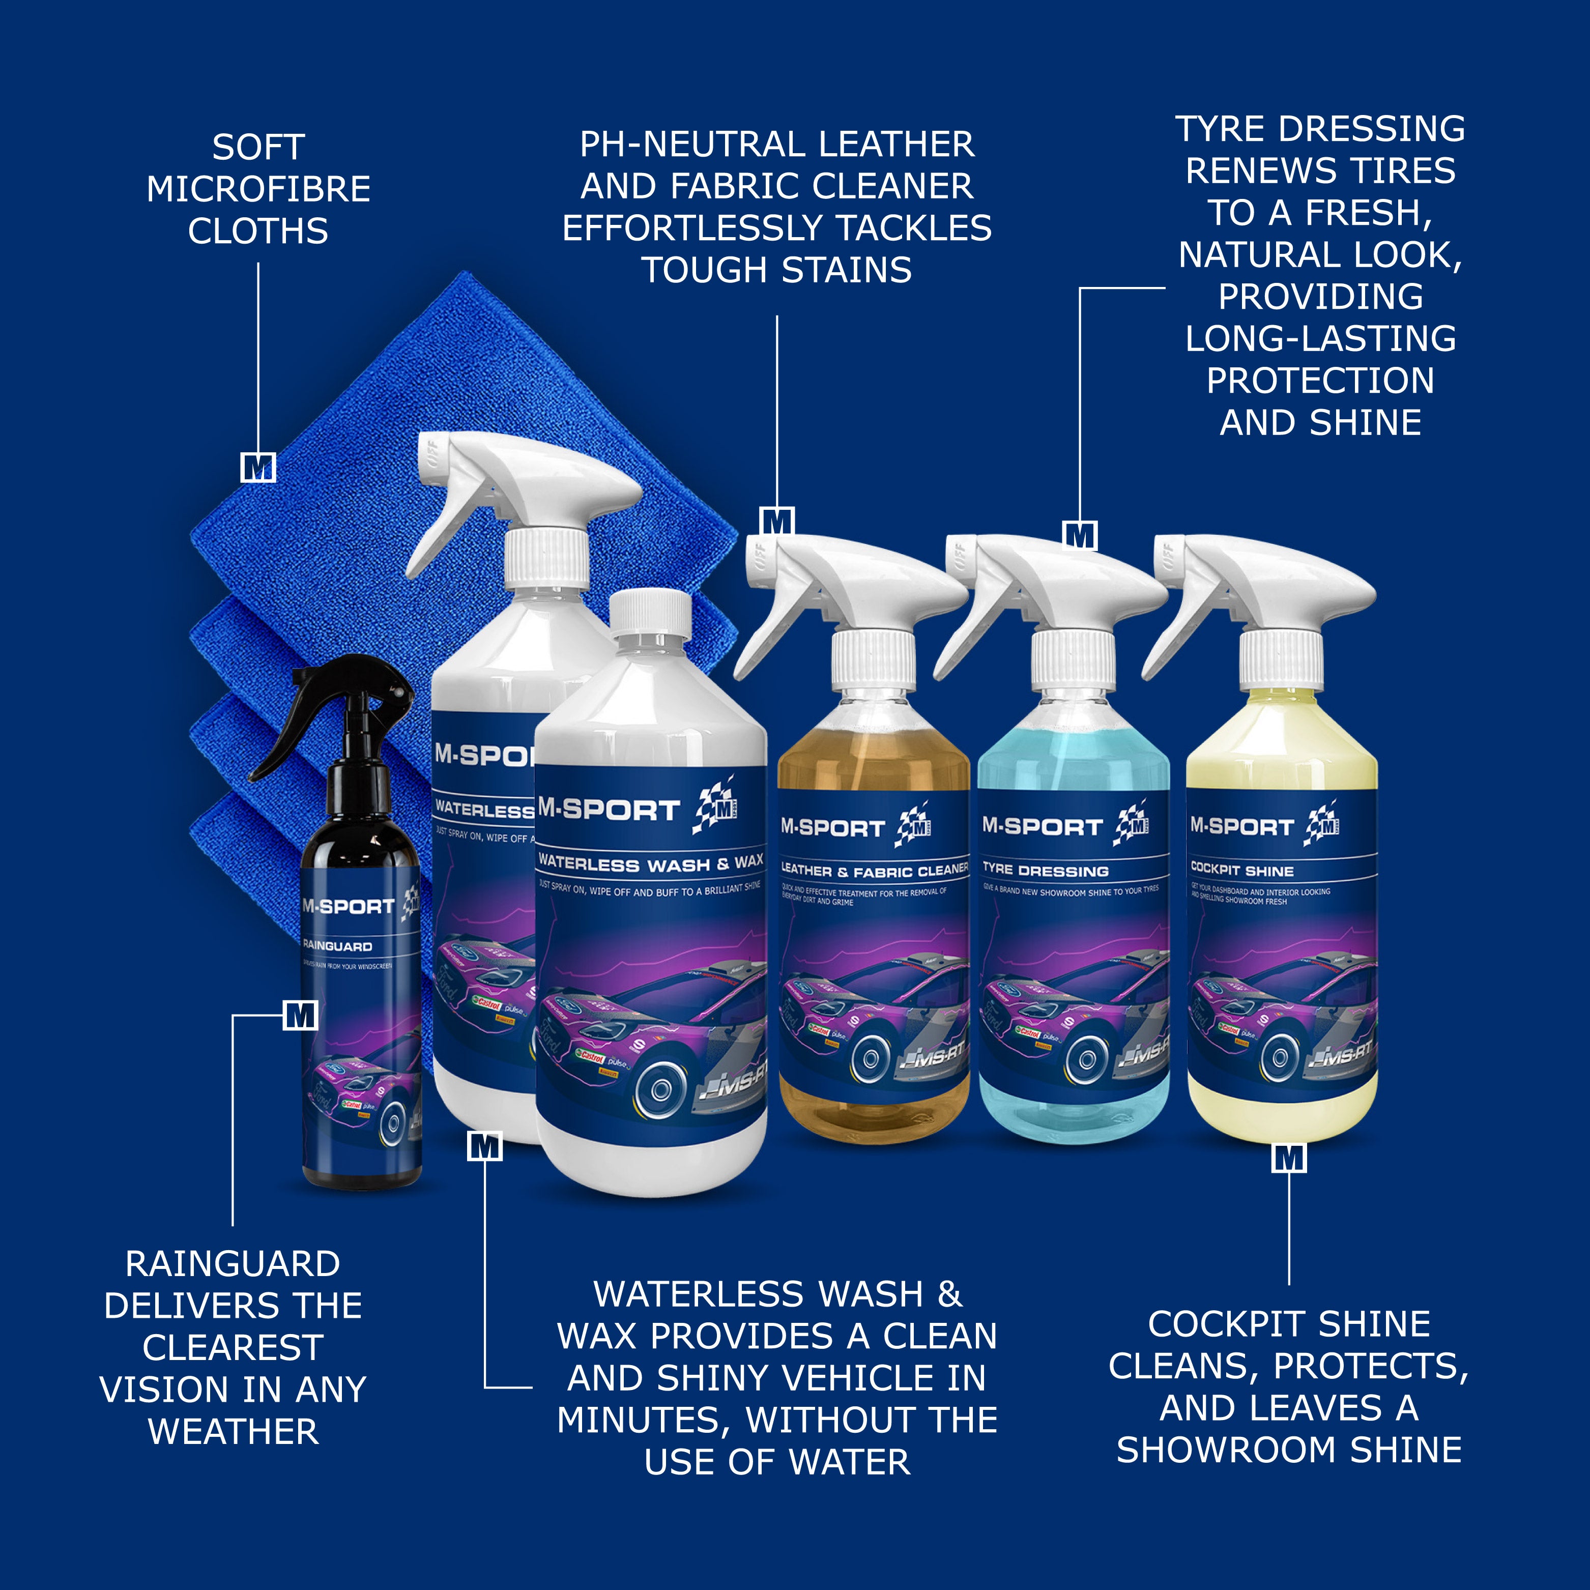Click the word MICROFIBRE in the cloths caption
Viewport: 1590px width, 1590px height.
[258, 189]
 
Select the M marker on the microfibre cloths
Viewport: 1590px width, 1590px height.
[257, 468]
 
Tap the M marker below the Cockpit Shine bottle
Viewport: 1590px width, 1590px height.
[1289, 1158]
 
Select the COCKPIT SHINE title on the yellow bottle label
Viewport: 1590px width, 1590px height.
[1242, 871]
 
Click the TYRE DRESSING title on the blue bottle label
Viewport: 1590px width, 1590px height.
[1045, 871]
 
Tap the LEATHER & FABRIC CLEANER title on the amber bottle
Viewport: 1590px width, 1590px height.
[874, 871]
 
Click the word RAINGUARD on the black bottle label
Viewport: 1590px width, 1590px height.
[337, 946]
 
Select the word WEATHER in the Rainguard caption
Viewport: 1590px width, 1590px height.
[234, 1432]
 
